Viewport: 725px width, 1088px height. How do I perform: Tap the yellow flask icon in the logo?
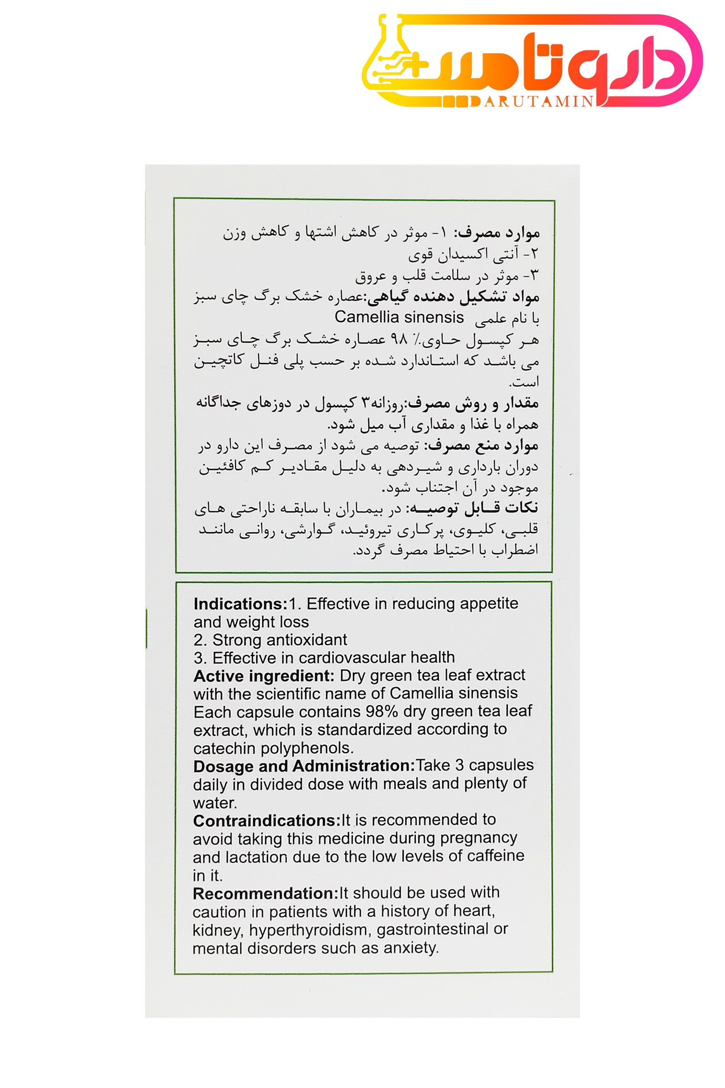coord(389,63)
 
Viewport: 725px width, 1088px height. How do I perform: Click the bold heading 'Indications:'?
coord(240,604)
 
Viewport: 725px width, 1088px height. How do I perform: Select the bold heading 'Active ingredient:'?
coord(263,676)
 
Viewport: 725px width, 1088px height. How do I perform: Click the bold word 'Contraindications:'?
coord(266,821)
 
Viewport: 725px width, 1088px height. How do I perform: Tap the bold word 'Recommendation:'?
coord(265,893)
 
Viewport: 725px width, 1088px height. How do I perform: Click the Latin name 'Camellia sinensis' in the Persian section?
coord(399,317)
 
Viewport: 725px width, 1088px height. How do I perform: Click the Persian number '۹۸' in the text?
coord(399,340)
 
